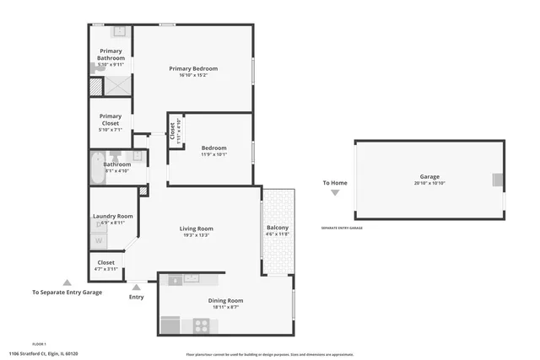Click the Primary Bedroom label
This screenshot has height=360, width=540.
click(193, 68)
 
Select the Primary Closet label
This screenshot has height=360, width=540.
click(111, 120)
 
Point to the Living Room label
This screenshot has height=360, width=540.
click(196, 228)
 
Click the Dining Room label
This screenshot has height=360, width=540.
click(225, 301)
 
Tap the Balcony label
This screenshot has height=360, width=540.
click(278, 228)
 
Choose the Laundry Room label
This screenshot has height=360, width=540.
click(113, 216)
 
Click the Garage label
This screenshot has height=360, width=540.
click(429, 177)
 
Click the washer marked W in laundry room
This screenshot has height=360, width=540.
click(99, 240)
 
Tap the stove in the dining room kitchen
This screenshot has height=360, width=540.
click(202, 325)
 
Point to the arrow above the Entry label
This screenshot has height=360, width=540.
click(137, 287)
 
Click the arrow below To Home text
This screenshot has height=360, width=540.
click(335, 192)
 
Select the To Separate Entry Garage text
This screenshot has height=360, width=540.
click(67, 293)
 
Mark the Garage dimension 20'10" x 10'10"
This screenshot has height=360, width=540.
click(429, 184)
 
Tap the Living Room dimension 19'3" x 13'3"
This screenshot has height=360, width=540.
click(196, 235)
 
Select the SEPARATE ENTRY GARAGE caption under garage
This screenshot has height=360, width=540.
click(342, 228)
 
